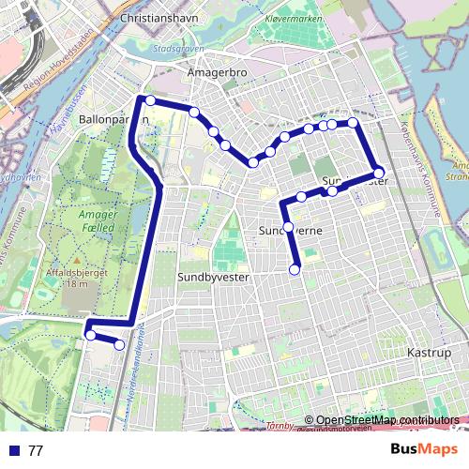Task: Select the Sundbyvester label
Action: click(x=208, y=277)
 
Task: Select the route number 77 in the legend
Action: click(x=36, y=450)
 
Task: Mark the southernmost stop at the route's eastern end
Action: click(x=295, y=270)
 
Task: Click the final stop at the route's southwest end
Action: click(x=119, y=345)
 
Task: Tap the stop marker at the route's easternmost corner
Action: click(x=379, y=173)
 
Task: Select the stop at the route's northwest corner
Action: click(x=149, y=100)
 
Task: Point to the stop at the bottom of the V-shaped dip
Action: click(x=252, y=162)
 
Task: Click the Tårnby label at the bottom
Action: click(x=307, y=425)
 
